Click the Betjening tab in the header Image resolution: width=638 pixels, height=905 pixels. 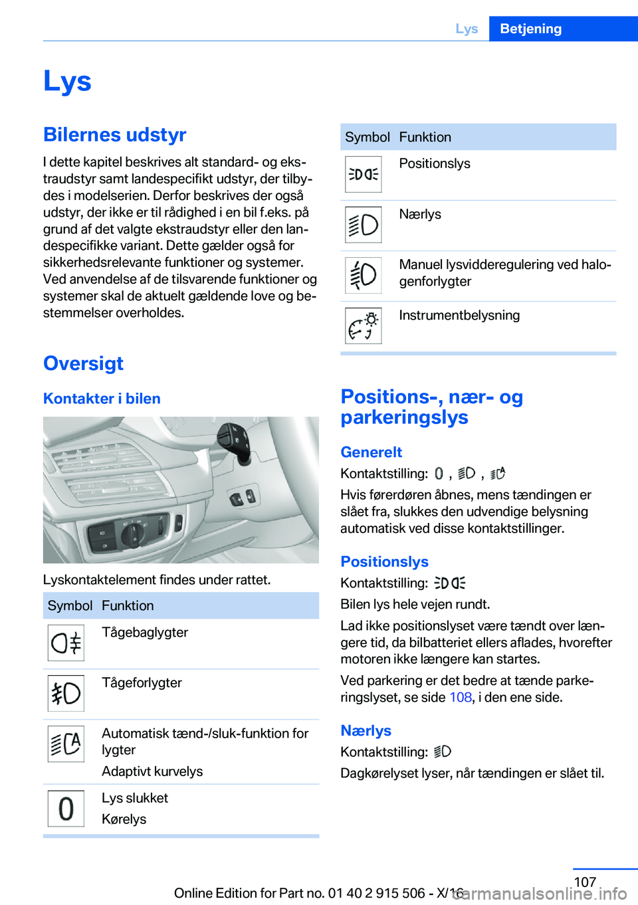tap(530, 29)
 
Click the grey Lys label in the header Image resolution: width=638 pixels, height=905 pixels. tap(467, 29)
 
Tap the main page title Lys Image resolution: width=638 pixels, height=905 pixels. tap(67, 81)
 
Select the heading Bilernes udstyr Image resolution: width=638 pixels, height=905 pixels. tap(114, 134)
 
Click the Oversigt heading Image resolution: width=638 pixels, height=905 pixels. tap(83, 363)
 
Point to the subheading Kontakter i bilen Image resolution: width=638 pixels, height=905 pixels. tap(102, 399)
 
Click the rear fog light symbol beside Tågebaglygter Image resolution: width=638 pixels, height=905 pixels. tap(66, 643)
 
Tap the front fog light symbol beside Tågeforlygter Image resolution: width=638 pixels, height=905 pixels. tap(66, 694)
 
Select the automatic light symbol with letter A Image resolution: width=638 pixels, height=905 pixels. tap(66, 744)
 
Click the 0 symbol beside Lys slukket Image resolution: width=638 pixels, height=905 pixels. tap(66, 809)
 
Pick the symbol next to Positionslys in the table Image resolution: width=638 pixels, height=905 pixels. tap(363, 174)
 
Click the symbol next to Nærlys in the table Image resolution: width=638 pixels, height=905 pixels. tap(363, 225)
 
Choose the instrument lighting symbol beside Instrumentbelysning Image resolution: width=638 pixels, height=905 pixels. tap(363, 326)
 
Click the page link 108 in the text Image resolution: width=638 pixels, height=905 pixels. tap(460, 698)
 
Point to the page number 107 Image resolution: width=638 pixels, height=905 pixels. tap(585, 882)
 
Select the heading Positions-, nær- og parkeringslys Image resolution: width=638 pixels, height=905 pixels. tap(431, 407)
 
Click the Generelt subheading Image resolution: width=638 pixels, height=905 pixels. tap(371, 452)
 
